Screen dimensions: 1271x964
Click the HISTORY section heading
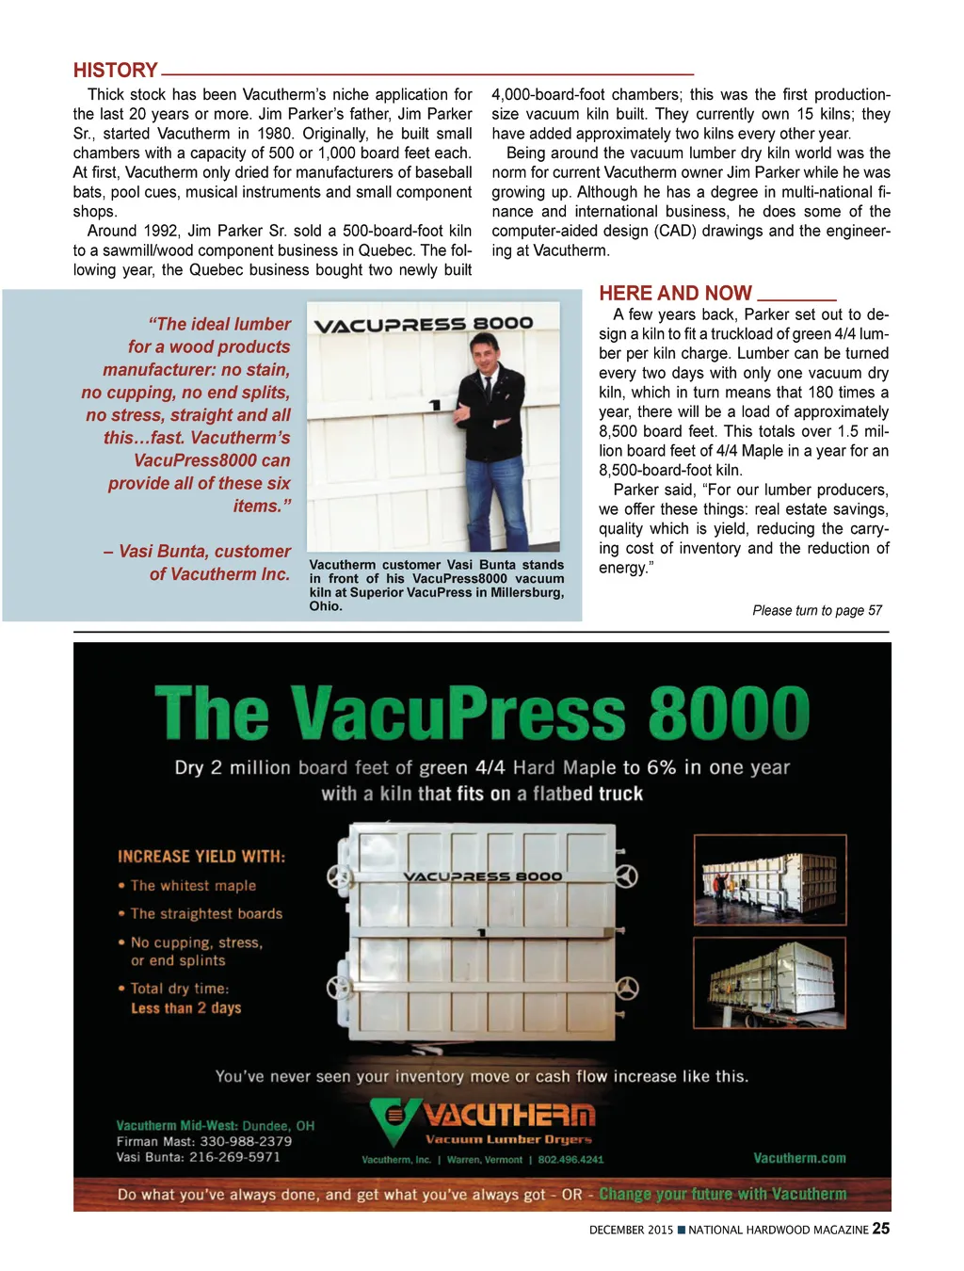click(x=115, y=71)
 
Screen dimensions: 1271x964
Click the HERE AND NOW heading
click(x=675, y=293)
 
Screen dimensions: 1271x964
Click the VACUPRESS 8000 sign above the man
click(x=423, y=325)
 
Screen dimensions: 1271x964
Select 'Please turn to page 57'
click(x=816, y=610)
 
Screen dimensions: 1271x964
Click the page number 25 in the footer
click(x=880, y=1228)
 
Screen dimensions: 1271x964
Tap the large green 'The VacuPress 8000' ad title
click(x=482, y=713)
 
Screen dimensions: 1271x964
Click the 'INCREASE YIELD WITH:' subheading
click(x=201, y=857)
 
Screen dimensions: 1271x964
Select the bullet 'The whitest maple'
click(x=193, y=886)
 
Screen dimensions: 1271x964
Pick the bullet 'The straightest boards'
click(x=206, y=913)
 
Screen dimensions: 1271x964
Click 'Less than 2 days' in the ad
click(x=185, y=1008)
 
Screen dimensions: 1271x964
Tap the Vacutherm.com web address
click(x=799, y=1158)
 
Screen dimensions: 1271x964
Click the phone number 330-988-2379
click(x=246, y=1141)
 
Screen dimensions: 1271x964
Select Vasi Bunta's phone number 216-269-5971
click(x=234, y=1157)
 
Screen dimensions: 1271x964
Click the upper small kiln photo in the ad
click(x=769, y=879)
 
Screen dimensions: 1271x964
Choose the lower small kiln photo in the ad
click(x=769, y=981)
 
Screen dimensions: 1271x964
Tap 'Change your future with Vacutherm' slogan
click(x=722, y=1194)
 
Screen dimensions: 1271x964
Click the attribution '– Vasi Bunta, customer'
click(x=197, y=552)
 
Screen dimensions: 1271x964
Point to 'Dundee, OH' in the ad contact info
click(x=279, y=1125)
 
